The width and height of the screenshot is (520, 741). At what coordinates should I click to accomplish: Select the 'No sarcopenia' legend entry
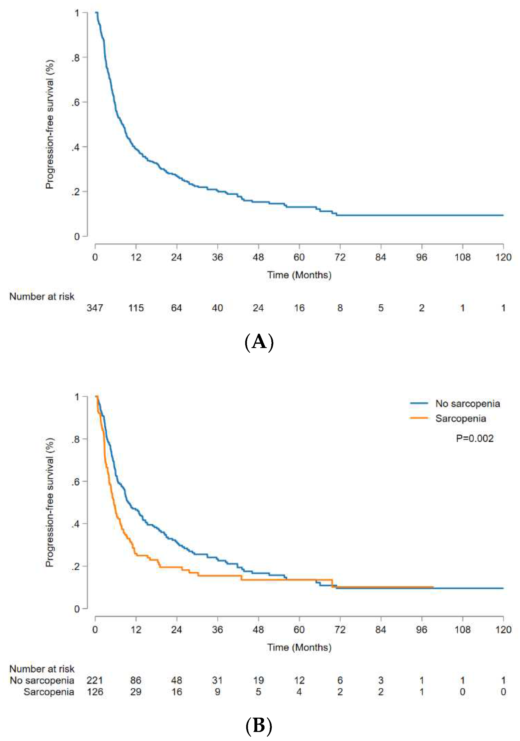click(467, 404)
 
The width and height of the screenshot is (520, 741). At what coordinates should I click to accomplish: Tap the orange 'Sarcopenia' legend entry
click(460, 418)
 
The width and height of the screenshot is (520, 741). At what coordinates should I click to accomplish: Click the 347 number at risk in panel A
click(95, 308)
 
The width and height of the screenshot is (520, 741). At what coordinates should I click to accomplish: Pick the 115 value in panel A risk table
click(136, 308)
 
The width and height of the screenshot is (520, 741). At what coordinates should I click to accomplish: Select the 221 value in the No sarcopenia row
click(95, 680)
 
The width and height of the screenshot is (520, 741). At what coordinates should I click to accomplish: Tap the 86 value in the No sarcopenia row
click(136, 680)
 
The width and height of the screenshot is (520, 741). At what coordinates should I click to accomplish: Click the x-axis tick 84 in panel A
click(381, 257)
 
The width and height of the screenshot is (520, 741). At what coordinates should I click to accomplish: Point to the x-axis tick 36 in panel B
click(218, 629)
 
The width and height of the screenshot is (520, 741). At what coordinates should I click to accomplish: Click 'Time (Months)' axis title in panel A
click(299, 275)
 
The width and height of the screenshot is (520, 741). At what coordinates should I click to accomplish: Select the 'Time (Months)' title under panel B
click(299, 647)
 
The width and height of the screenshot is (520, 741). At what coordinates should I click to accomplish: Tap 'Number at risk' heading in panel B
click(42, 669)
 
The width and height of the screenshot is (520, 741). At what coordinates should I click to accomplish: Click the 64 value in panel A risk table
click(177, 308)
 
